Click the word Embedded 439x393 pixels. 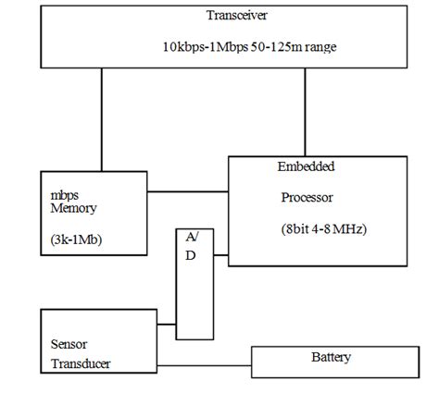tap(306, 166)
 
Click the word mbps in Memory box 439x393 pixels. tap(65, 196)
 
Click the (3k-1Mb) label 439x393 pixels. tap(78, 239)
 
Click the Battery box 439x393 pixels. tap(330, 361)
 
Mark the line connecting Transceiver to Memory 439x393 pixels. tap(101, 120)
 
